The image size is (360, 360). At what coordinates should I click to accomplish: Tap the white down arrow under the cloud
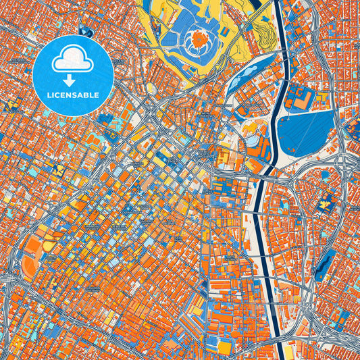click(72, 78)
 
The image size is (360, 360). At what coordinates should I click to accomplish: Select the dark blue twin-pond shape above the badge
click(85, 31)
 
